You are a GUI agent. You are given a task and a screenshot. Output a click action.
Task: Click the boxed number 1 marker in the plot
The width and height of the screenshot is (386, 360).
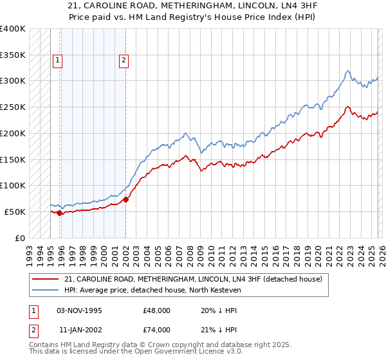[x=58, y=61]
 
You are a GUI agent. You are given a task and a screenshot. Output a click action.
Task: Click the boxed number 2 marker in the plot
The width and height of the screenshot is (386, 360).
[x=124, y=61]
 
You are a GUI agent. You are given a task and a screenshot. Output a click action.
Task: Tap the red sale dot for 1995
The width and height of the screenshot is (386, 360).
[x=60, y=213]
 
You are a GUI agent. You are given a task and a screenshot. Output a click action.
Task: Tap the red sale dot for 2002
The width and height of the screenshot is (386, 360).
[x=125, y=199]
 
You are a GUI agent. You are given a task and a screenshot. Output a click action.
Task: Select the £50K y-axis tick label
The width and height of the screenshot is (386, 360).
[x=15, y=212]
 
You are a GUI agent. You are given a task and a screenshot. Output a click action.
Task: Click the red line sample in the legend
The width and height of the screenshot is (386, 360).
[x=46, y=279]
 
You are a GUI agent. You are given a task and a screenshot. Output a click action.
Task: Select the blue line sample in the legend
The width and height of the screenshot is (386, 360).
[x=46, y=290]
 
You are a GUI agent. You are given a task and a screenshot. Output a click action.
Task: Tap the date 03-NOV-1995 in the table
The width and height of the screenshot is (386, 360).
[x=79, y=310]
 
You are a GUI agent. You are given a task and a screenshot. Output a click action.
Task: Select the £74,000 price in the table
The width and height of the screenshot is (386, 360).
[x=157, y=330]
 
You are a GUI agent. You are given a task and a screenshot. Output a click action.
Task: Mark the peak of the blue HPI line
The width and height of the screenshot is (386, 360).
[x=347, y=71]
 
